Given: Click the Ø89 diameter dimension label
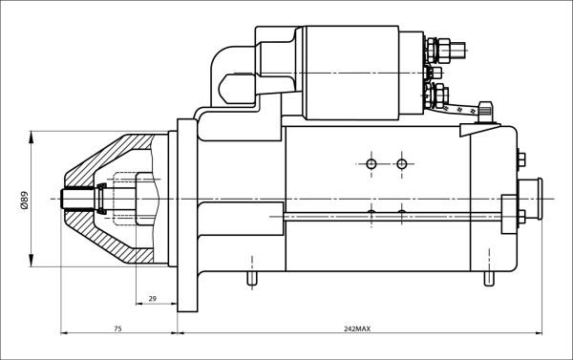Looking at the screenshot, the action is (x=25, y=200).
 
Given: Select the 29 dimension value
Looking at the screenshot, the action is (x=153, y=299).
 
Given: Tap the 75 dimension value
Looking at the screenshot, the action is (x=117, y=328).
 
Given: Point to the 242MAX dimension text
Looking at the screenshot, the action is (x=357, y=328).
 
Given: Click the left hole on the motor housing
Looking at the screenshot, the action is (x=371, y=164).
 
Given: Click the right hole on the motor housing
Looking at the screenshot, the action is (x=402, y=164).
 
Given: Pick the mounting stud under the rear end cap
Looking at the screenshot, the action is (x=489, y=279).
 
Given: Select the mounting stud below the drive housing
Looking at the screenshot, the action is (x=252, y=279).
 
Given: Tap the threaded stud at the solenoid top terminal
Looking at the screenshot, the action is (x=457, y=51).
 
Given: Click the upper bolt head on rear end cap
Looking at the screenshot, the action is (x=521, y=159).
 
